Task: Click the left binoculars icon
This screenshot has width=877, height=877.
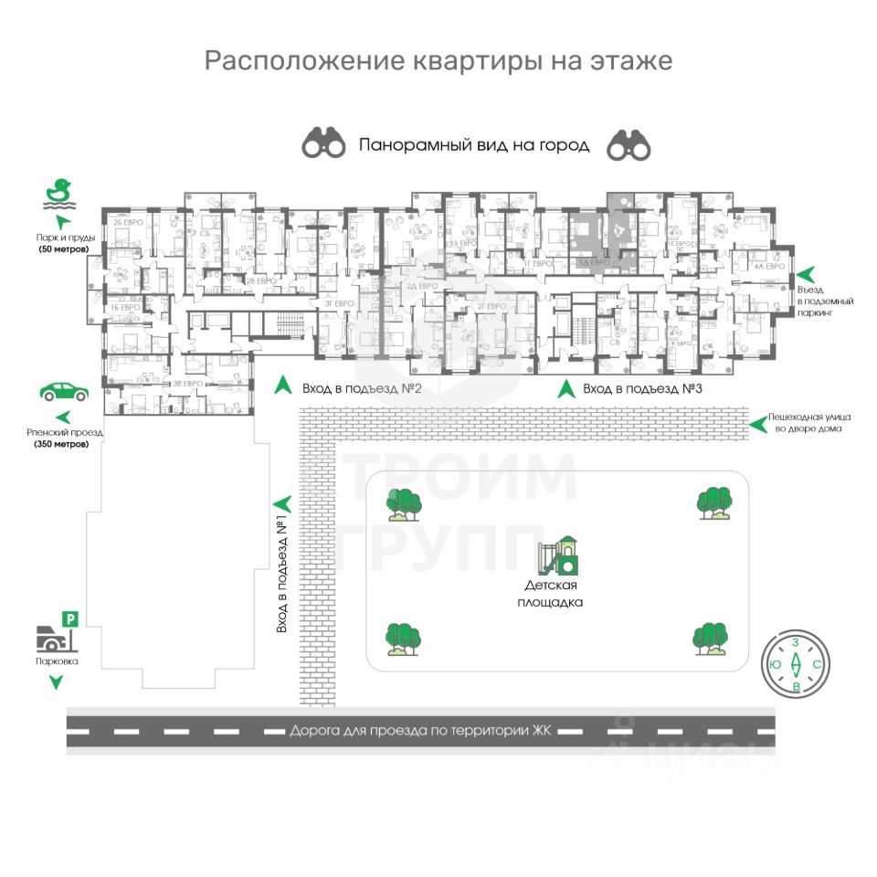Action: point(324,143)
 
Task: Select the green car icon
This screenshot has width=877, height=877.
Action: point(64,392)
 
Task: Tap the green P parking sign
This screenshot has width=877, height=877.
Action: point(70,619)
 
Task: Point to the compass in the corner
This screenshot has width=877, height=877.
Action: point(795,663)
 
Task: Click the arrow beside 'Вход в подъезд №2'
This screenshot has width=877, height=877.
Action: point(283,386)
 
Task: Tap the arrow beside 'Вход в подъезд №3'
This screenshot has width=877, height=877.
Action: point(566,388)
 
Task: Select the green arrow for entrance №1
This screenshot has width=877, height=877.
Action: point(282,502)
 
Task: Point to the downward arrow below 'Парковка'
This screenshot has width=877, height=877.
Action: point(57,682)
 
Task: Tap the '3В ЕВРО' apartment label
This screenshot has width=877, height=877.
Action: point(187,384)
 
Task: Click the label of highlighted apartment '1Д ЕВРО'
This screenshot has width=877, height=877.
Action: point(594,263)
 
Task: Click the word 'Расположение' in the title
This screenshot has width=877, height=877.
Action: point(291,61)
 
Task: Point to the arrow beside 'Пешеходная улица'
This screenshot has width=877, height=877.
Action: point(756,422)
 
